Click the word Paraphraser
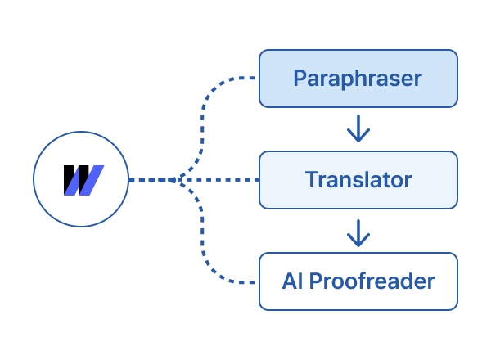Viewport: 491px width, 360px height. click(x=357, y=79)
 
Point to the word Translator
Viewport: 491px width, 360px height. click(x=358, y=179)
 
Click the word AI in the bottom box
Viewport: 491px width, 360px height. click(x=291, y=281)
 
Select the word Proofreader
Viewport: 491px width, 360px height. click(x=374, y=282)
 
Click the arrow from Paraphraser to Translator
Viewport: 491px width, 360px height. click(x=358, y=128)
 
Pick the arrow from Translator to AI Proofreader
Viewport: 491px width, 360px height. click(x=358, y=232)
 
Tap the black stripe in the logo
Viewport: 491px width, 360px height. click(x=72, y=180)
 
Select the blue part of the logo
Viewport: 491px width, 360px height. click(x=91, y=180)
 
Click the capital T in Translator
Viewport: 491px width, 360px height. click(x=312, y=179)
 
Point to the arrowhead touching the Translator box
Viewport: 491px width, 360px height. click(x=358, y=137)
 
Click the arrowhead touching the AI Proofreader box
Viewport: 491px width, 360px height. click(x=358, y=242)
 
